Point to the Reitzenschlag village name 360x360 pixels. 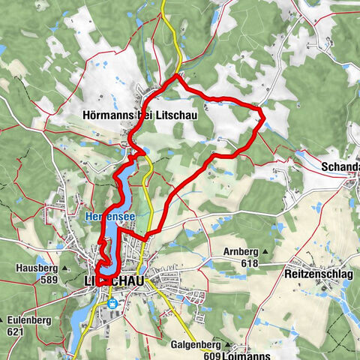tap(318, 276)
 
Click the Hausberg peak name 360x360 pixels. tap(34, 267)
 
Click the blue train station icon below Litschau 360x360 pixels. tap(112, 304)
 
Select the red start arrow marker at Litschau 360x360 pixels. tap(101, 280)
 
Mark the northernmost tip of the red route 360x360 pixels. tap(176, 76)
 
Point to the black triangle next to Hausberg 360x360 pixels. tap(65, 268)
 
